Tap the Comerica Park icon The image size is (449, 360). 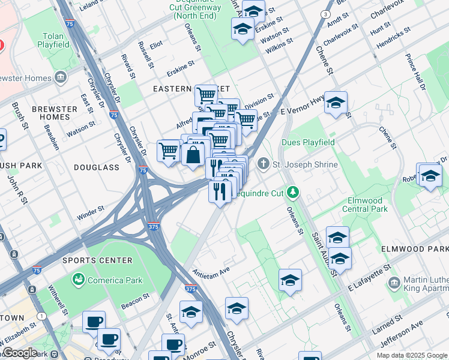coord(78,280)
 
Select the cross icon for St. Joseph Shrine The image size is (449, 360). coord(263,164)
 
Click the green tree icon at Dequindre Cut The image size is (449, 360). coord(293,192)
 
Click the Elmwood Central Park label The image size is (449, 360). coord(364,205)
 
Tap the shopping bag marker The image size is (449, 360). coord(194,154)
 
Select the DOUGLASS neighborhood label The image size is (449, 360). coord(97,167)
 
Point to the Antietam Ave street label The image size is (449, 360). coord(211,270)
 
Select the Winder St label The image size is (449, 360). coord(91,212)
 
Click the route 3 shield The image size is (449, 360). coord(325,14)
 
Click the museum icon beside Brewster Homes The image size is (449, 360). coord(61,77)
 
